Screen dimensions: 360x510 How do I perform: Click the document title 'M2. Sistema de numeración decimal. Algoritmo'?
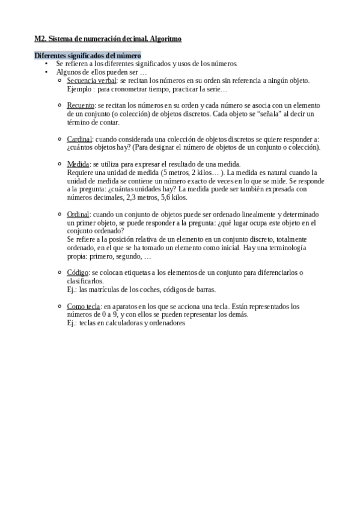tap(108, 38)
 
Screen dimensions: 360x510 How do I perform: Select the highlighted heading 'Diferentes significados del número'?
tap(88, 55)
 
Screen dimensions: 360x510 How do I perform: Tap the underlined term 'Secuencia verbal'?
tap(90, 80)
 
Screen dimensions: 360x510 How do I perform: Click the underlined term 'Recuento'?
tap(81, 105)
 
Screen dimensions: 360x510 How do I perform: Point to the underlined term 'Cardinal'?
tap(79, 139)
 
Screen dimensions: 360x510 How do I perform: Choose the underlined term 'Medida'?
tap(78, 164)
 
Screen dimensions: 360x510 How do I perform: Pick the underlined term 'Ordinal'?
tap(79, 214)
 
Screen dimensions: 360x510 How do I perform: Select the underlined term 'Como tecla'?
tap(83, 306)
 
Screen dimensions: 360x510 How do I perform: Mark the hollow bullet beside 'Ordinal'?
tap(59, 214)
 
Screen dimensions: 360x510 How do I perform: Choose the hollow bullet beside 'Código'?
tap(59, 272)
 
